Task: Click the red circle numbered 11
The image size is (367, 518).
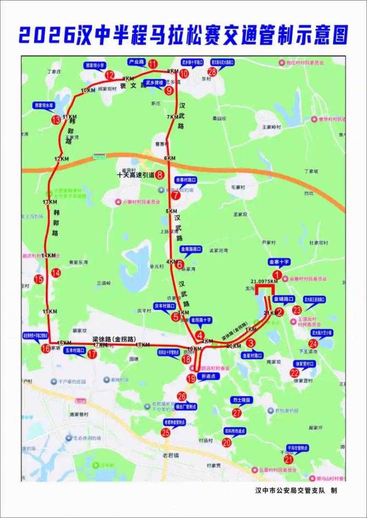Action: [153, 64]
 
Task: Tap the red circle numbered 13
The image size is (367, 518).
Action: [56, 120]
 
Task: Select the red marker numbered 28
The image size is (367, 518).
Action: [212, 72]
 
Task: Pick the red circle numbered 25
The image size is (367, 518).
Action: [165, 432]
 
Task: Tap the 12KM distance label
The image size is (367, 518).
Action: [61, 159]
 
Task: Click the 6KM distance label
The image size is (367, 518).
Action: [169, 158]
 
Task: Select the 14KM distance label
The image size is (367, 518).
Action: [48, 255]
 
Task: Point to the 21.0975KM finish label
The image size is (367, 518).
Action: [264, 281]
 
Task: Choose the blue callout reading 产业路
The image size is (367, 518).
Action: [136, 61]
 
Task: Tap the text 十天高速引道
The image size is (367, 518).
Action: [135, 174]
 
